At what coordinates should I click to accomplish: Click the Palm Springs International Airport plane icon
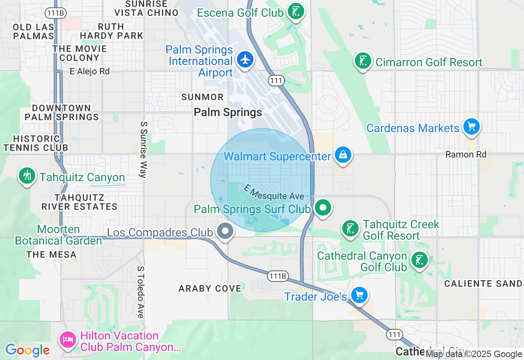pos(245,60)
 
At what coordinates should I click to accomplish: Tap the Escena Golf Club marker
pos(295,11)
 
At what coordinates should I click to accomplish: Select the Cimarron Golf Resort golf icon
pos(362,61)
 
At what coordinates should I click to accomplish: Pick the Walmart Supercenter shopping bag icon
pos(343,155)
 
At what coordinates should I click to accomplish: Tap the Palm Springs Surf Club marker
pos(323,207)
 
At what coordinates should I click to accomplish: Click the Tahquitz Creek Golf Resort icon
pos(350,229)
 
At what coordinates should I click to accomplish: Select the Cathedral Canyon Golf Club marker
pos(419,260)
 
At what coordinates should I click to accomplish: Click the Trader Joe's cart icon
pos(359,295)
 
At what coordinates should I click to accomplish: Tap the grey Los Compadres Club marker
pos(225,231)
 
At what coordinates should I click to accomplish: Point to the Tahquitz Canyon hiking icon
pos(27,176)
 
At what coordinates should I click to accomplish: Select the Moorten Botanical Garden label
pos(59,235)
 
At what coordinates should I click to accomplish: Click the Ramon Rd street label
pos(466,155)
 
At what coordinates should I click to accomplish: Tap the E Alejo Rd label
pos(90,72)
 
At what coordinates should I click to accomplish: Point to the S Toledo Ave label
pos(141,292)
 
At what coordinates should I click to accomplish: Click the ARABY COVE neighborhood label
pos(210,288)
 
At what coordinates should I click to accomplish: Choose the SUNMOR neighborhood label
pos(203,97)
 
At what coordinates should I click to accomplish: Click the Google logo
pos(27,350)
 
